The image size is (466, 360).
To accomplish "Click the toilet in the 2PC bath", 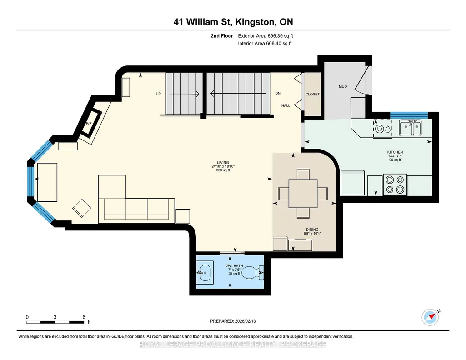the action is coord(252,272).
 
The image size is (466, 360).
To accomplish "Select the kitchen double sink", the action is coord(410,128).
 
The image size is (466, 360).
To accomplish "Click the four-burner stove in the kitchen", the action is coord(395,185).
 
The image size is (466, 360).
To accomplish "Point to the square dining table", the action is coord(303,193).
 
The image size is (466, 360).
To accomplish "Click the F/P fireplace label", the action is coord(89,123).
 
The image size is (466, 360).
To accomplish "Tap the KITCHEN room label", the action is coord(395,152).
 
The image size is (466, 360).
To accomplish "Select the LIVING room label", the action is coord(223,162).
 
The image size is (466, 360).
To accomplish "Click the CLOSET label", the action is coord(312,94).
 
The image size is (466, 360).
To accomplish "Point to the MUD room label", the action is coord(343,86).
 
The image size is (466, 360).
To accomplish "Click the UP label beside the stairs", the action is coord(158,94).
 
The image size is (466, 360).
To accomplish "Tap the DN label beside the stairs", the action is coord(278,93).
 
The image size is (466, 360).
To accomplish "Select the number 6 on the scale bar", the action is coord(84,317).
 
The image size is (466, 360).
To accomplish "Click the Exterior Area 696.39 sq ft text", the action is coord(266,36).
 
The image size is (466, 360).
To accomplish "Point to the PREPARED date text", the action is coord(233,321).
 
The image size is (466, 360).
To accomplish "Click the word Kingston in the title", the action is coord(255,22).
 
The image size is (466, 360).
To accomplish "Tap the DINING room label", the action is coord(312,230).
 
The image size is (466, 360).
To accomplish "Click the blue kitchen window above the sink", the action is coord(409,115).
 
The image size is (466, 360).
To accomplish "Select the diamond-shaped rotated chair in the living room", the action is coord(82,208).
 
